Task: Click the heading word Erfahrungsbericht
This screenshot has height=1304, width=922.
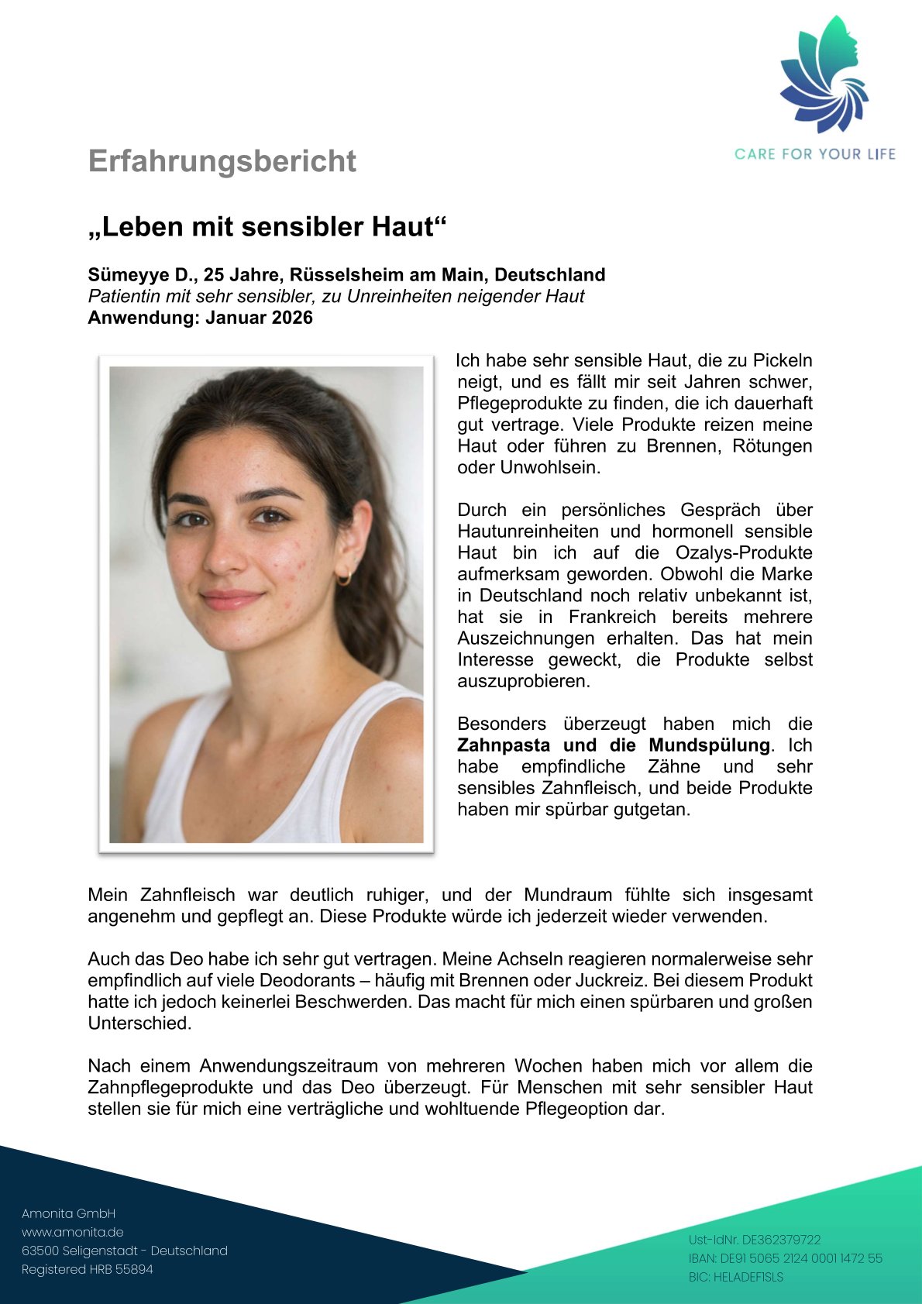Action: tap(222, 161)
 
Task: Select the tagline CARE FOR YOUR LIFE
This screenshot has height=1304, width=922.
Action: tap(814, 154)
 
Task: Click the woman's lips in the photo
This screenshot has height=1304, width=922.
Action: tap(230, 599)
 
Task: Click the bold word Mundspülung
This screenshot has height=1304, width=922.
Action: tap(709, 745)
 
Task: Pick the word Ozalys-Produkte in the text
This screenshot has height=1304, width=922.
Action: tap(744, 553)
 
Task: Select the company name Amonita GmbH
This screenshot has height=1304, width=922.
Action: tap(68, 1213)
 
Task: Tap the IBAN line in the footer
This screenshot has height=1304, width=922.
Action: tap(785, 1258)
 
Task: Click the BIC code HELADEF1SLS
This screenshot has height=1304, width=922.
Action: tap(735, 1277)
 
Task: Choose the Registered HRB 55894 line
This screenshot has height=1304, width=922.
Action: tap(88, 1269)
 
